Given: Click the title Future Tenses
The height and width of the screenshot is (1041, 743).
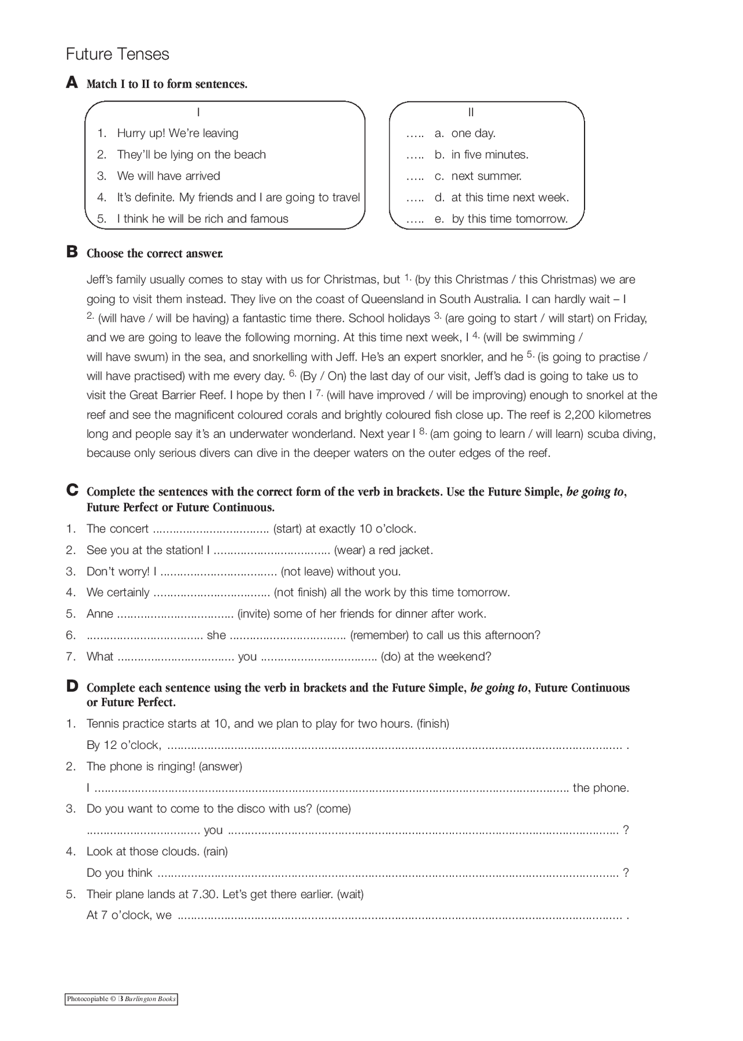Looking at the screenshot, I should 117,54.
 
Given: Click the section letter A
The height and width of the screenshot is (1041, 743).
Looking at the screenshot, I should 72,82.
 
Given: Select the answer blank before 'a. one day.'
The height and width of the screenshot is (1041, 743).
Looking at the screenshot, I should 414,134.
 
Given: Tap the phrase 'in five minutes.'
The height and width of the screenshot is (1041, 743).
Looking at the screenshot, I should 489,154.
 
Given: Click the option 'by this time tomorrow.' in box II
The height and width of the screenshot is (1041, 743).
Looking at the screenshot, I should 509,219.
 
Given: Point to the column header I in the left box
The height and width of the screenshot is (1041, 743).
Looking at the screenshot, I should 199,112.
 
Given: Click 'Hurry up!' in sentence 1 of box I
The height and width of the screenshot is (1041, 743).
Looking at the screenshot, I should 141,133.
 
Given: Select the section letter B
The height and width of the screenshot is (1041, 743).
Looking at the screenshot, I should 72,252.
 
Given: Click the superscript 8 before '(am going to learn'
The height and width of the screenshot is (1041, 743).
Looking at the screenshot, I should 422,431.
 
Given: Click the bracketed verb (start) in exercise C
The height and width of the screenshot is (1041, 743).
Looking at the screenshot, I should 287,529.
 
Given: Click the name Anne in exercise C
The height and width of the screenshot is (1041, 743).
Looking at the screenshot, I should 100,614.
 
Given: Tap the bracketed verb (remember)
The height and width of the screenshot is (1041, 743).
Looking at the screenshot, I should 380,635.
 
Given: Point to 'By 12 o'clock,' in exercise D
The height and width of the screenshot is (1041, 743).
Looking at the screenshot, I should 124,745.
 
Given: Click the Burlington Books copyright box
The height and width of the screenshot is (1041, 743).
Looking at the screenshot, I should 121,999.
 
